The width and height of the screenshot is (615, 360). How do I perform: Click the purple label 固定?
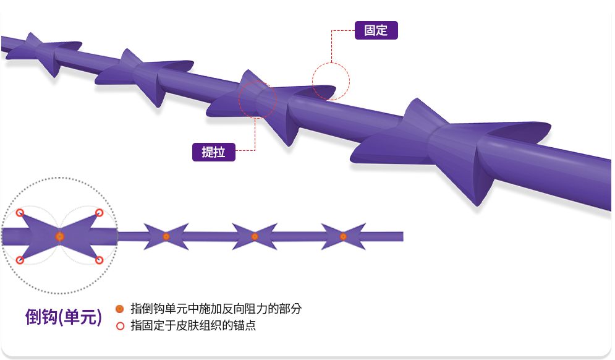pyautogui.click(x=376, y=30)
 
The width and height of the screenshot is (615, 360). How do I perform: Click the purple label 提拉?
pyautogui.click(x=213, y=152)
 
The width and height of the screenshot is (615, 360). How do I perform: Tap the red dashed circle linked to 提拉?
pyautogui.click(x=257, y=101)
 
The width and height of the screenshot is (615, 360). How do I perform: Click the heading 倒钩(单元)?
pyautogui.click(x=64, y=317)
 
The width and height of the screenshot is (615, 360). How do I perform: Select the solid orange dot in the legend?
pyautogui.click(x=120, y=309)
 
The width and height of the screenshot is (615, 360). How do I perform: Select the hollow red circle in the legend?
pyautogui.click(x=120, y=325)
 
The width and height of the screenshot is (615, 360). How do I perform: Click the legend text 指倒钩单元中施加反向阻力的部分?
pyautogui.click(x=216, y=309)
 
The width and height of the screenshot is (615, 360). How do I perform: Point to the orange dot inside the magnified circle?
pyautogui.click(x=60, y=236)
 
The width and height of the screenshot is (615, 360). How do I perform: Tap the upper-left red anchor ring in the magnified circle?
pyautogui.click(x=20, y=213)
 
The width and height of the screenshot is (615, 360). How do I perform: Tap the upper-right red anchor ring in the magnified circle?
pyautogui.click(x=99, y=213)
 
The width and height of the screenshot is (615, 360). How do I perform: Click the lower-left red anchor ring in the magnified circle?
pyautogui.click(x=20, y=260)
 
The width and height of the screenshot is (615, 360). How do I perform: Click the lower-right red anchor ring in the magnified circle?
pyautogui.click(x=99, y=260)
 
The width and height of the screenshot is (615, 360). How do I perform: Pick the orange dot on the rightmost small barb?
pyautogui.click(x=343, y=236)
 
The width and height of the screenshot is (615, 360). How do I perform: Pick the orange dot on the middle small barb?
pyautogui.click(x=255, y=236)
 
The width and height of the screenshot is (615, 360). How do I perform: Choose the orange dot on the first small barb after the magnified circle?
pyautogui.click(x=166, y=236)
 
